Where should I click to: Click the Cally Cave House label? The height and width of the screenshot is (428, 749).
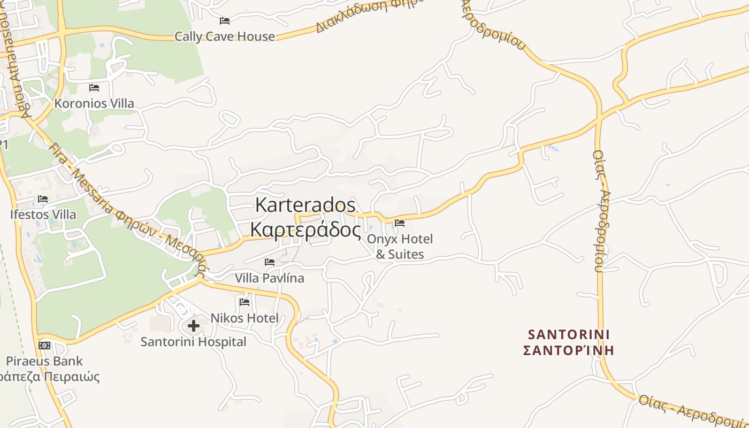coord(225,36)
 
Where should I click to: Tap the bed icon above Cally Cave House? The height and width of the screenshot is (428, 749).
coord(225,21)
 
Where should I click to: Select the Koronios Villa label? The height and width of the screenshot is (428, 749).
coord(94,103)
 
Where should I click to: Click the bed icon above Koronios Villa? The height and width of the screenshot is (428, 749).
coord(94,87)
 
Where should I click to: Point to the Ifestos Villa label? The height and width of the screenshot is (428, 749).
coord(43,215)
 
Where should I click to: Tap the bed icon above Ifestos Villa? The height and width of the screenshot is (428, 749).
coord(43,199)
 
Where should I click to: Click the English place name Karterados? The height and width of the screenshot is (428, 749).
coord(305,204)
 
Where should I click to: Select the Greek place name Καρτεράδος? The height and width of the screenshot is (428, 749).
coord(305,230)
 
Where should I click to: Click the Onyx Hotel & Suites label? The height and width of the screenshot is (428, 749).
coord(400,247)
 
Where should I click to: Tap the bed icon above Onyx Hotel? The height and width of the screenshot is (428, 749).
coord(400,223)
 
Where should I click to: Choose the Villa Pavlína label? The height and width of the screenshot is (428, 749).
coord(270,278)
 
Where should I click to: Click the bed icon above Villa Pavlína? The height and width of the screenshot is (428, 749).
coord(270,262)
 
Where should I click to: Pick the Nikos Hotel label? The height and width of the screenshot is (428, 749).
coord(244,318)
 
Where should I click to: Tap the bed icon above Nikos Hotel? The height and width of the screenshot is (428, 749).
coord(244,302)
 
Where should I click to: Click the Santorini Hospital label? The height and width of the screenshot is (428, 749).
coord(193,342)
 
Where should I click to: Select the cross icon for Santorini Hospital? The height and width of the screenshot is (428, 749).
coord(194,325)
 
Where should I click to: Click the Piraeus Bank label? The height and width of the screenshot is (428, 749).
coord(45,361)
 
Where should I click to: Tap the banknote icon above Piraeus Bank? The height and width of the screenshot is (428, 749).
coord(44,345)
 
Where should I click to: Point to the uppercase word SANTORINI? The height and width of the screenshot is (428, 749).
coord(569,335)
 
